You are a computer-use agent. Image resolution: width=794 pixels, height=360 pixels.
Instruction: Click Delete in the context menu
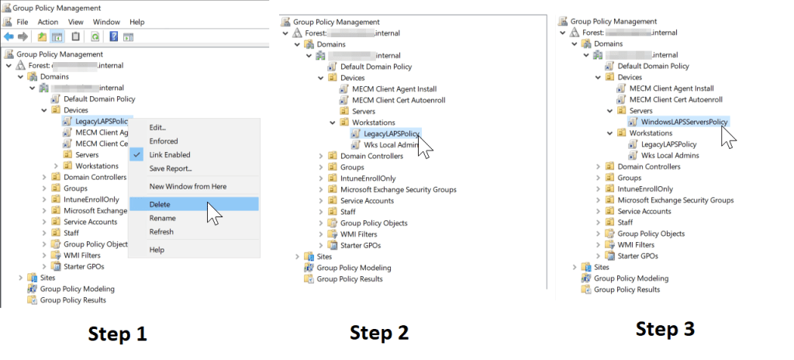pos(160,204)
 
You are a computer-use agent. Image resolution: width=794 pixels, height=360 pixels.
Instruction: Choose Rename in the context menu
pos(163,218)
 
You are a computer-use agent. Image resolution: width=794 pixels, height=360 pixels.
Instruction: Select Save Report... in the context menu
pos(171,168)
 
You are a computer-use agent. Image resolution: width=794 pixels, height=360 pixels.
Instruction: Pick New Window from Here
pos(188,186)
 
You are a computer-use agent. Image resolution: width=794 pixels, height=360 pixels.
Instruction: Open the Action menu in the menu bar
pos(48,22)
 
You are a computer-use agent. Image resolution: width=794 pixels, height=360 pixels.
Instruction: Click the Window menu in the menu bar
pos(106,22)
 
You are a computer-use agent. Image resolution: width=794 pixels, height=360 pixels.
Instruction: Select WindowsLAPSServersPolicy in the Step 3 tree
pos(685,121)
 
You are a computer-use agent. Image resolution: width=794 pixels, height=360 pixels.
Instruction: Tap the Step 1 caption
pos(117,334)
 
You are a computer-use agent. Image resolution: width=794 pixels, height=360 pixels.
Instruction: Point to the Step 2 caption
pos(379,332)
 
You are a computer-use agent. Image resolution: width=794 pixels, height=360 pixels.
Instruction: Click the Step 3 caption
pos(665,329)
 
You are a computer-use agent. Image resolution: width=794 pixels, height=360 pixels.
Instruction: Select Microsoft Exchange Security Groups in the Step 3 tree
pos(675,200)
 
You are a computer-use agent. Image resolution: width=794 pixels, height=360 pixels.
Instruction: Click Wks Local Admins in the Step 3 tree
pos(670,155)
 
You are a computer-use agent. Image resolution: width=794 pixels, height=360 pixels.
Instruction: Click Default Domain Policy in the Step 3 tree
pos(653,66)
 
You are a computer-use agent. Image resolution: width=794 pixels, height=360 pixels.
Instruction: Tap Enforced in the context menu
pos(164,141)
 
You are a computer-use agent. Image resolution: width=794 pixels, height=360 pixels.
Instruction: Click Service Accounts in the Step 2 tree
pos(368,200)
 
